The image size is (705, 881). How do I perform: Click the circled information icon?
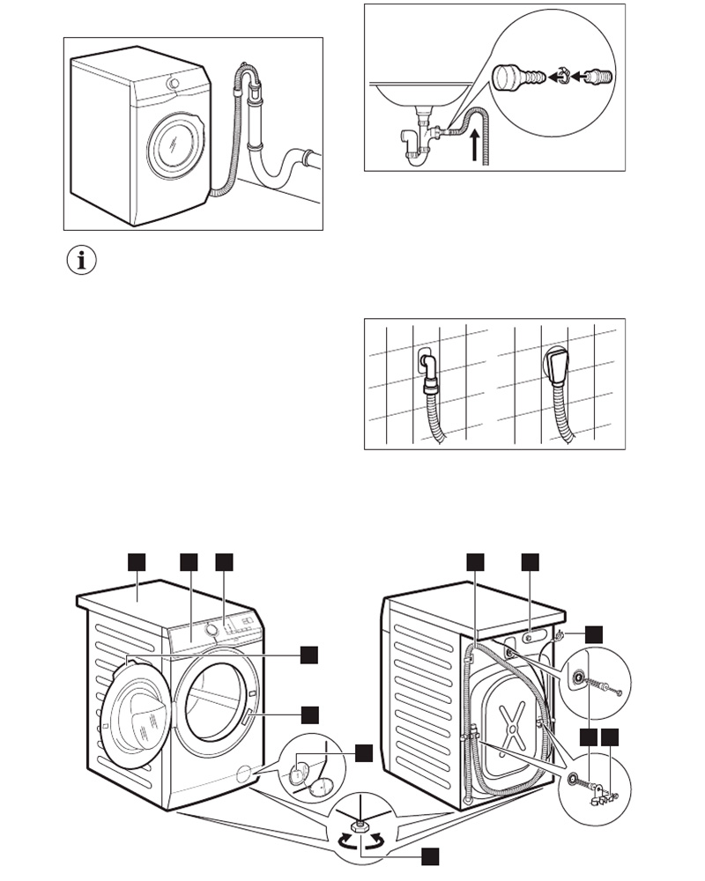coord(81,262)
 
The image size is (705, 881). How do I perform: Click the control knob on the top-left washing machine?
coord(174,84)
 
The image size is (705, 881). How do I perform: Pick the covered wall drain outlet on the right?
coord(559,363)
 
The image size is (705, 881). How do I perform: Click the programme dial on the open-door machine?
coord(212,629)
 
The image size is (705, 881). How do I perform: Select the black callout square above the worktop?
coord(137,561)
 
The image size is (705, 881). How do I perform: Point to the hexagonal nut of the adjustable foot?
coord(360,825)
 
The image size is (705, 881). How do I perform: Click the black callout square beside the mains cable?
coord(595,633)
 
